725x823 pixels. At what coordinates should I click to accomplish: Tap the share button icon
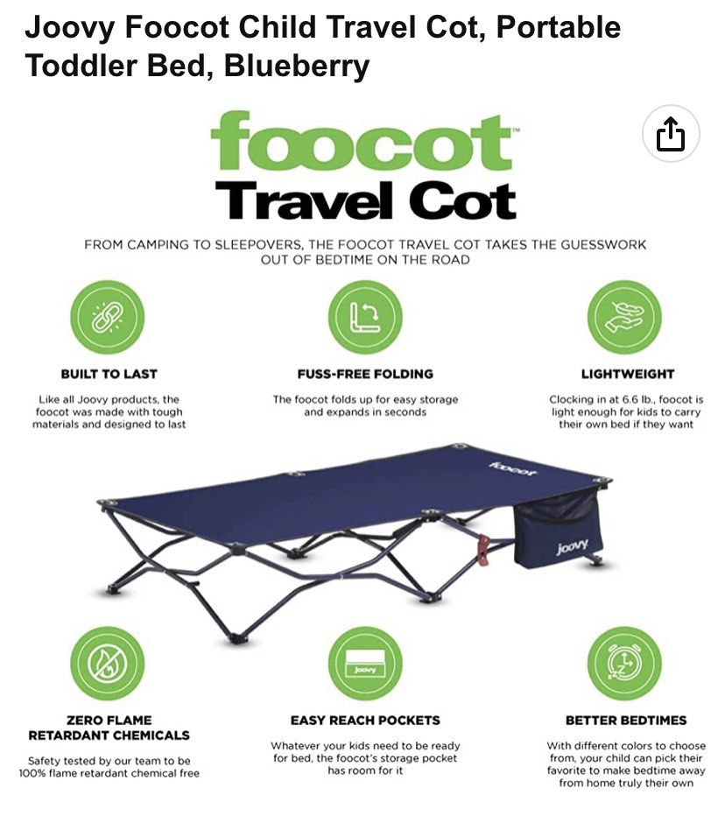[x=670, y=134]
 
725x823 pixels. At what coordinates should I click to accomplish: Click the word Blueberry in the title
[x=297, y=65]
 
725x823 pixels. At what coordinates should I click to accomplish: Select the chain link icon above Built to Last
[x=108, y=317]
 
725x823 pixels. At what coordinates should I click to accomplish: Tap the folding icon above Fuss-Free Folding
[x=365, y=317]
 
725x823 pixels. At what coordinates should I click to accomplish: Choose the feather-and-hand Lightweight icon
[x=623, y=317]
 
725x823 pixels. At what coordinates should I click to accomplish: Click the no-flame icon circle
[x=108, y=663]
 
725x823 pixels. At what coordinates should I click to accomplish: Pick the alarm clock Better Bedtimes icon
[x=623, y=663]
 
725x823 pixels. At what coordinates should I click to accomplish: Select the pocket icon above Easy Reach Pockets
[x=365, y=663]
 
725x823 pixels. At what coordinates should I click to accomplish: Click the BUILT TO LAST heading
[x=109, y=374]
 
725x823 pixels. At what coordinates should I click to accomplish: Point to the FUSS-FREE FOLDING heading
[x=365, y=374]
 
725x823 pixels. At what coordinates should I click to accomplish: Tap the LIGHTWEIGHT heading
[x=628, y=374]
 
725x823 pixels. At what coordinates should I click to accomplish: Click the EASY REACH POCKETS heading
[x=365, y=720]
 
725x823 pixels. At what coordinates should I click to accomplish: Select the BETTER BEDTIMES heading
[x=625, y=720]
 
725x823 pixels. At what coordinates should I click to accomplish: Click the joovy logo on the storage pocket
[x=573, y=548]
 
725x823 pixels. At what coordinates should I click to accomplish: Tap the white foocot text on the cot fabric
[x=513, y=469]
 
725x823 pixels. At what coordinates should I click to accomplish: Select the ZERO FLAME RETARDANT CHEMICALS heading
[x=109, y=728]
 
